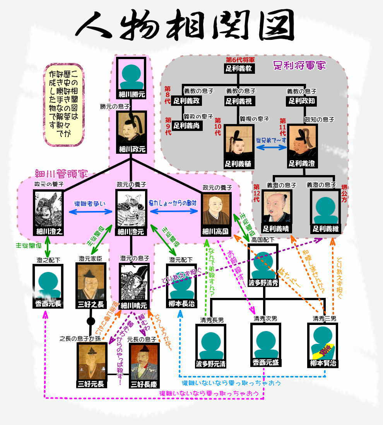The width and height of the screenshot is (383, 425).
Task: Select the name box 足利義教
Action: pos(238,69)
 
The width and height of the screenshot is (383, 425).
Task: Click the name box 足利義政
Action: pos(186,101)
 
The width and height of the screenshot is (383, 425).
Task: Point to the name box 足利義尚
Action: pos(186,125)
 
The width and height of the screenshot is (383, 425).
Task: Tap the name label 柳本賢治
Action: pos(323,363)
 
